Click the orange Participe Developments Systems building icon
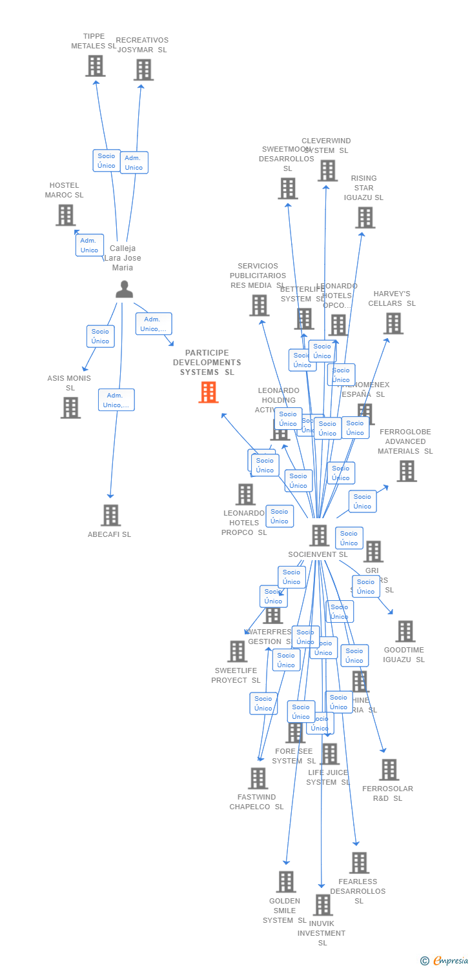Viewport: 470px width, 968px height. (x=208, y=392)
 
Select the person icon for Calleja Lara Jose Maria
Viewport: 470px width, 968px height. (x=124, y=289)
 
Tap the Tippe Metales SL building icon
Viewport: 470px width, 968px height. (x=95, y=66)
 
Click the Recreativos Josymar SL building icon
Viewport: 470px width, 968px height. (x=143, y=70)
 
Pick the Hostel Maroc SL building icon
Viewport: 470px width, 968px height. (x=65, y=215)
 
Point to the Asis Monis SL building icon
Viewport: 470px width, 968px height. (x=70, y=407)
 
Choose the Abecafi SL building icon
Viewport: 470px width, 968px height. (x=110, y=515)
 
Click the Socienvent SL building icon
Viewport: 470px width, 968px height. (x=319, y=536)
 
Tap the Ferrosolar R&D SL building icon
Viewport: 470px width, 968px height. (x=389, y=769)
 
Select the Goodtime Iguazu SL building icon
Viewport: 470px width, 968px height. (x=405, y=631)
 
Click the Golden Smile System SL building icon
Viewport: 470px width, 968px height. (x=285, y=882)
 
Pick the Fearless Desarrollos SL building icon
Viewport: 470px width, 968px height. (x=359, y=862)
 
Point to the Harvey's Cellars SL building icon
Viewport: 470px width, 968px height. (x=393, y=323)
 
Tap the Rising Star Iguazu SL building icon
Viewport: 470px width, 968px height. (x=365, y=217)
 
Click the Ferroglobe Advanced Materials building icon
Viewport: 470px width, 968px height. (x=406, y=471)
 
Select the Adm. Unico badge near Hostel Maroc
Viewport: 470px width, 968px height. (x=89, y=245)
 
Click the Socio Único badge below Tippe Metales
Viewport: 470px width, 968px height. (x=107, y=161)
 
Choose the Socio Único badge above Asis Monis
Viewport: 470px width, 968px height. (x=100, y=336)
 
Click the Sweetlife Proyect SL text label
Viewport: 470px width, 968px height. (x=236, y=676)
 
